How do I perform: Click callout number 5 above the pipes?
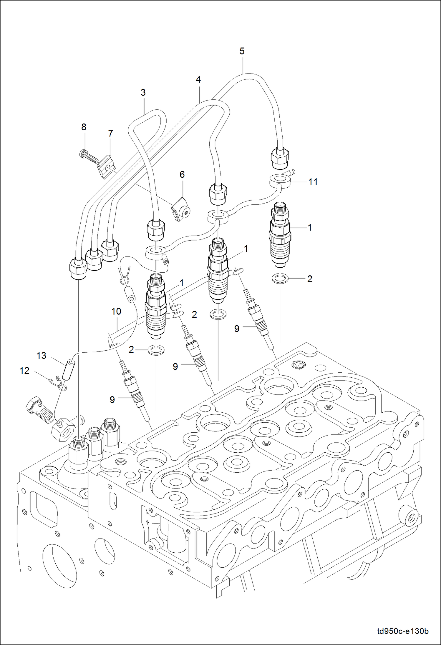[242, 51]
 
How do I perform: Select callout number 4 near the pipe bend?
[198, 80]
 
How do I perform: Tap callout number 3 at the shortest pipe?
[143, 93]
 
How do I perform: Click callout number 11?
[313, 182]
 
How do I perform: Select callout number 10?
[116, 311]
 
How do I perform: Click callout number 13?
[41, 356]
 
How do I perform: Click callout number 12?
[24, 371]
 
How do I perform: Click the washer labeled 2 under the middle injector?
[218, 314]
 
